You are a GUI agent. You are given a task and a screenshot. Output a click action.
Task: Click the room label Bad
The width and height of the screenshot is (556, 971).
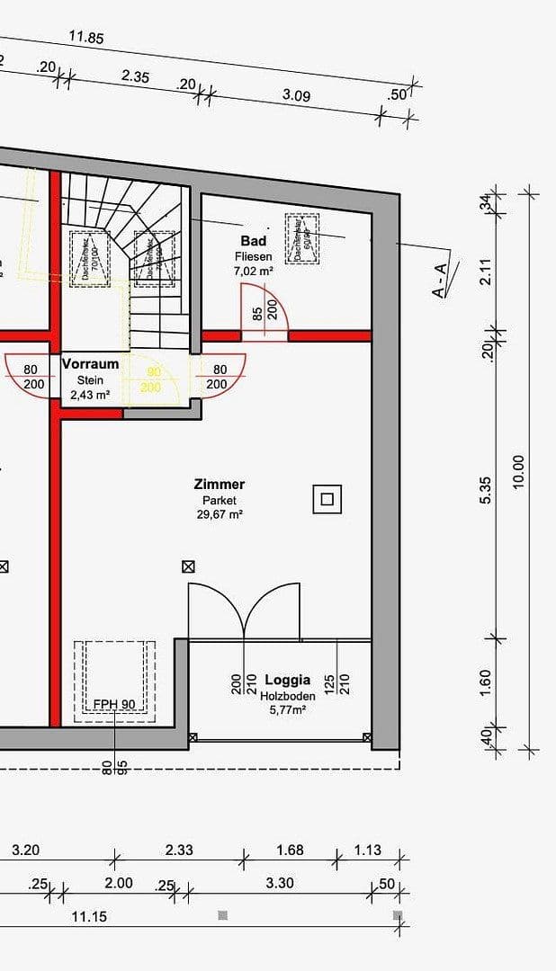tap(253, 241)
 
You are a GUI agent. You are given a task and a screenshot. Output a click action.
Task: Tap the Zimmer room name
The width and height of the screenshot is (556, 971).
tap(220, 485)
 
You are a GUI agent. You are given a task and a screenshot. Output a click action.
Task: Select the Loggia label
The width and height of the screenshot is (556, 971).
tap(287, 680)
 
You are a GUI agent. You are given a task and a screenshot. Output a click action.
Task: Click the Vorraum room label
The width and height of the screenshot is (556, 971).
tap(90, 364)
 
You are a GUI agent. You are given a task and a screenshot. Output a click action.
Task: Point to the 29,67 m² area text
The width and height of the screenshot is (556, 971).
tap(220, 515)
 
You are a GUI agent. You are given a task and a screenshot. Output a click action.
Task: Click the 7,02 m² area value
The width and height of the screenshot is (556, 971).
tap(253, 271)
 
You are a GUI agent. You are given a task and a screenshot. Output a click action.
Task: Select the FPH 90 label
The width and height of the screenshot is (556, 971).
tap(114, 703)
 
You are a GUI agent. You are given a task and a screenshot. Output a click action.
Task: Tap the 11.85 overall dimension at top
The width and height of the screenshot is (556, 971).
tap(86, 38)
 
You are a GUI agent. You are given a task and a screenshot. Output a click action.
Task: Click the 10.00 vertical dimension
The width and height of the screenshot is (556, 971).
tap(517, 471)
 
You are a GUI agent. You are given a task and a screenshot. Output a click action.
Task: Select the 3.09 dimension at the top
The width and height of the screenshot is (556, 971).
tap(296, 95)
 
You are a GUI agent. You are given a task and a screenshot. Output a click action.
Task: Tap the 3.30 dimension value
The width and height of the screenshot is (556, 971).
tap(280, 883)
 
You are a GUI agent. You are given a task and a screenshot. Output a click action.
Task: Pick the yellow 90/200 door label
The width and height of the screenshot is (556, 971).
tap(151, 379)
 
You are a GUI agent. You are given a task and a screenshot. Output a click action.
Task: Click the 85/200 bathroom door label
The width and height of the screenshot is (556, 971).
tap(265, 310)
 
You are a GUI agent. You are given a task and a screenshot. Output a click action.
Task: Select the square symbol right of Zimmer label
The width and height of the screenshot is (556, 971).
tap(327, 498)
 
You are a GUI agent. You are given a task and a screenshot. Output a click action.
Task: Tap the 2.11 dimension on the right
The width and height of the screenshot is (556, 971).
tap(487, 272)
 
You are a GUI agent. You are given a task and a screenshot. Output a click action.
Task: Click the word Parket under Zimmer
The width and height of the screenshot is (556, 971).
tap(220, 500)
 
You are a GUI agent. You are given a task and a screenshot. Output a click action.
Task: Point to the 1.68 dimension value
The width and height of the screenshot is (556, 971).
tap(290, 850)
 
